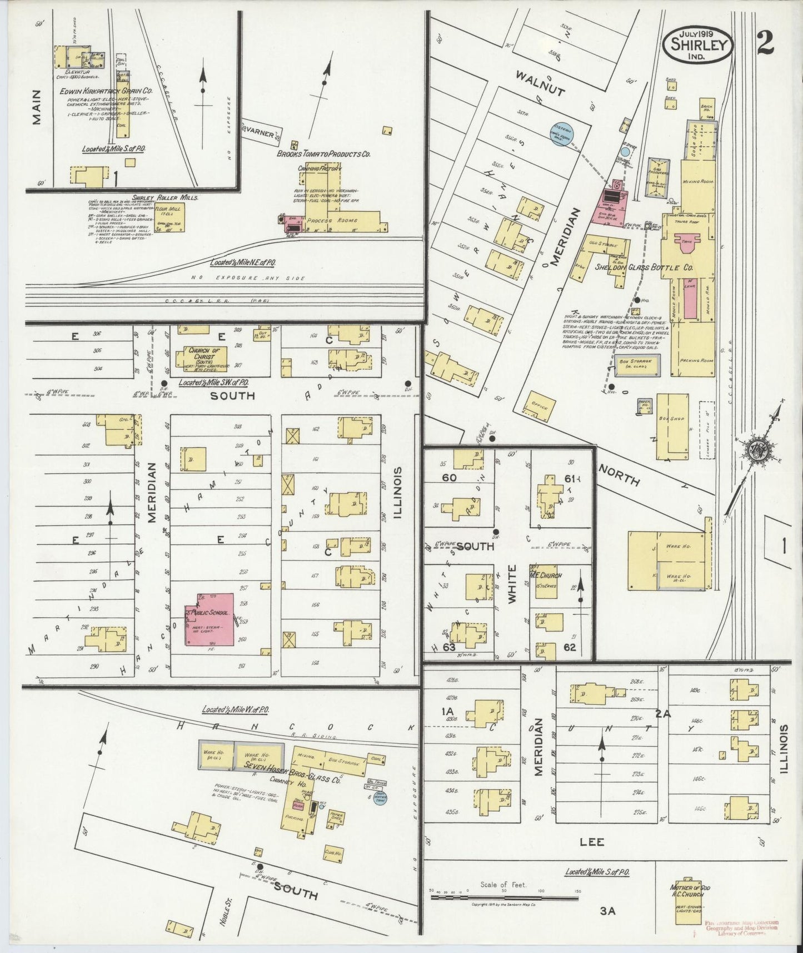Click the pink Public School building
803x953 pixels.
[210, 619]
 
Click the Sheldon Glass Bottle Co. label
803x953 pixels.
[644, 267]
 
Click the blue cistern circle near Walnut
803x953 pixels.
[562, 135]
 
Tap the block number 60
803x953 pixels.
[449, 478]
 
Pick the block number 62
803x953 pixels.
[569, 647]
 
